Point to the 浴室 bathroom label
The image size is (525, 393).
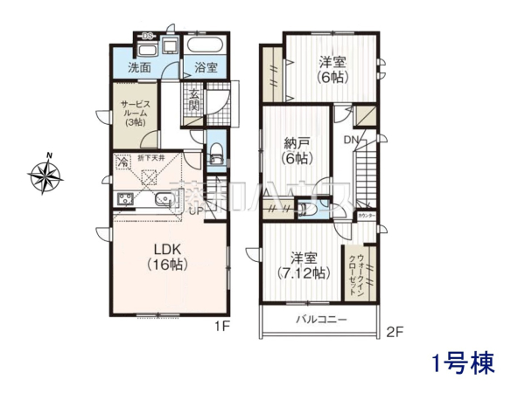tap(206, 68)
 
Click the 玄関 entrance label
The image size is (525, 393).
tap(195, 101)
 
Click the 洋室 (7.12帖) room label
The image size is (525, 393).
tap(304, 265)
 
